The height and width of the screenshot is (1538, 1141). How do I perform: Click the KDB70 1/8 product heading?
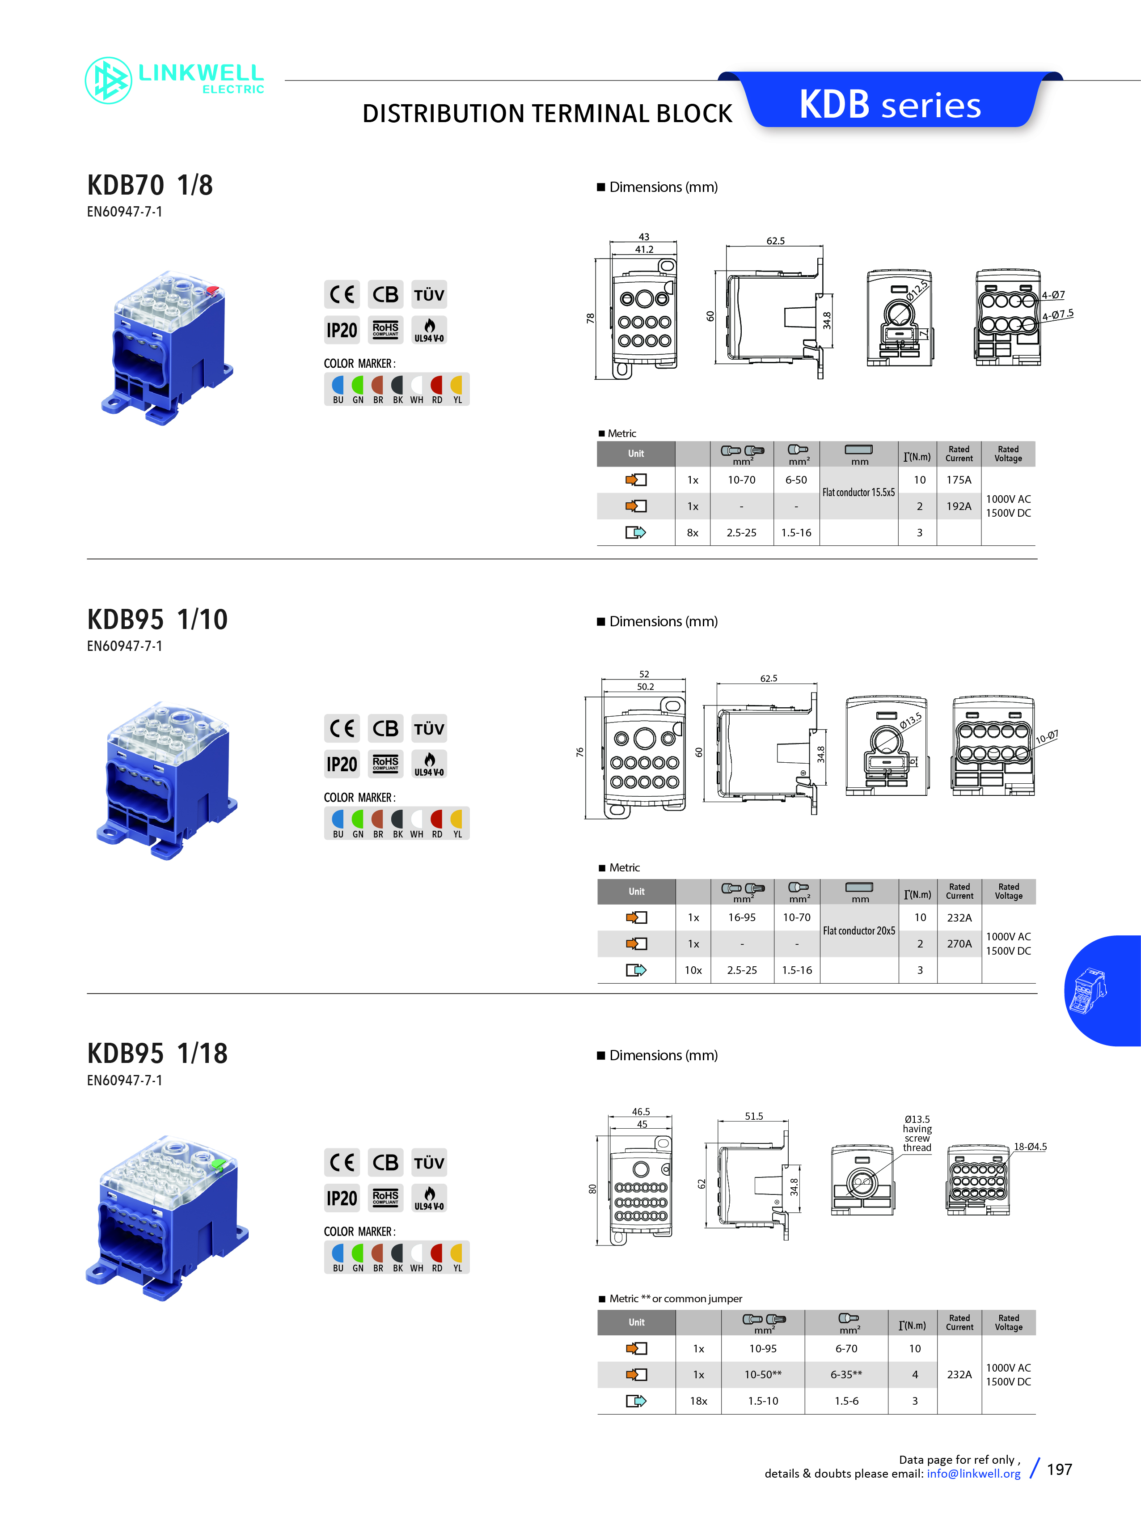[150, 185]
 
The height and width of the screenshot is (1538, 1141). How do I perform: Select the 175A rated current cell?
[959, 480]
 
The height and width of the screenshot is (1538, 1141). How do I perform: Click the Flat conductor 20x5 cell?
[858, 930]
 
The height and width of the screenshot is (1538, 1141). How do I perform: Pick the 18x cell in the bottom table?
[698, 1401]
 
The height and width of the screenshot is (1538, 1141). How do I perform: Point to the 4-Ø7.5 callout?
[1057, 315]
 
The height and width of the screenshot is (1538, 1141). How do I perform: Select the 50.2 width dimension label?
[645, 687]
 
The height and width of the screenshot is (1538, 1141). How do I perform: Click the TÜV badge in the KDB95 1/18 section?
[429, 1162]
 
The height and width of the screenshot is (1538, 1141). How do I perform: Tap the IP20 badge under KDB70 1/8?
[342, 330]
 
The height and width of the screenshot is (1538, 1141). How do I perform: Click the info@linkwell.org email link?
[973, 1474]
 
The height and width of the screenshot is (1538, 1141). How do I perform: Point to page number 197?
[1060, 1470]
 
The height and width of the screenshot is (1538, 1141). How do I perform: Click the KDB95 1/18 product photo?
[167, 1217]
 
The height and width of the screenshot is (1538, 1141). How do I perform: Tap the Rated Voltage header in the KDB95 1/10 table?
[1008, 891]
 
